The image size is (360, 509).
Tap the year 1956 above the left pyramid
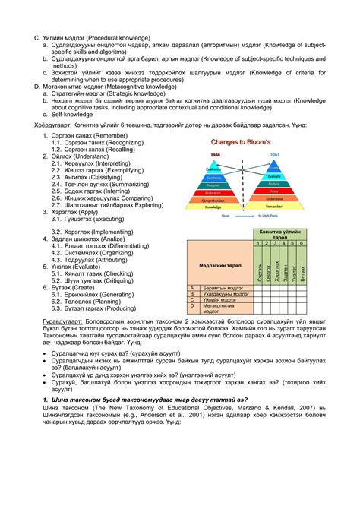pos(215,154)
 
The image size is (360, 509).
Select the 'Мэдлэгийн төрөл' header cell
pos(219,266)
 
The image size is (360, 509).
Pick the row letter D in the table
pos(193,306)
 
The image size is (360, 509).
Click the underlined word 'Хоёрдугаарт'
pos(38,123)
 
